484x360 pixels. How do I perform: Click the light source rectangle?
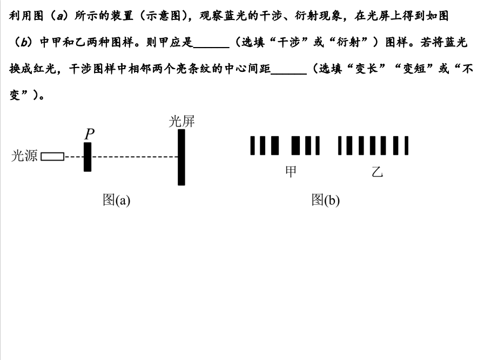tap(52, 157)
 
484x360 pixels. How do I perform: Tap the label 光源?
tap(24, 156)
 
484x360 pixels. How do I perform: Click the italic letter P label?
tap(89, 134)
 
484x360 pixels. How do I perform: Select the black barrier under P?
tap(88, 157)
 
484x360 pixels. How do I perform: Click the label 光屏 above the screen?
tap(182, 121)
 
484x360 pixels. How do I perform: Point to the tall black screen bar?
tap(181, 157)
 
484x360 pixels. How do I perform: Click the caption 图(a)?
tap(116, 200)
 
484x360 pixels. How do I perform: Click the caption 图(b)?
tap(326, 200)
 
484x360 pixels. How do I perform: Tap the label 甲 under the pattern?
tap(291, 171)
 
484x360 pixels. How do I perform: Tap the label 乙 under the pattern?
tap(377, 171)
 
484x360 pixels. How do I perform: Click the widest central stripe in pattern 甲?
tap(295, 145)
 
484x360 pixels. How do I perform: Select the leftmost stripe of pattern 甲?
tap(252, 145)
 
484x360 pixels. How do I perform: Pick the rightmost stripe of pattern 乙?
tap(406, 145)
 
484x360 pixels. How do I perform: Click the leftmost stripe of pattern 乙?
tap(340, 145)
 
